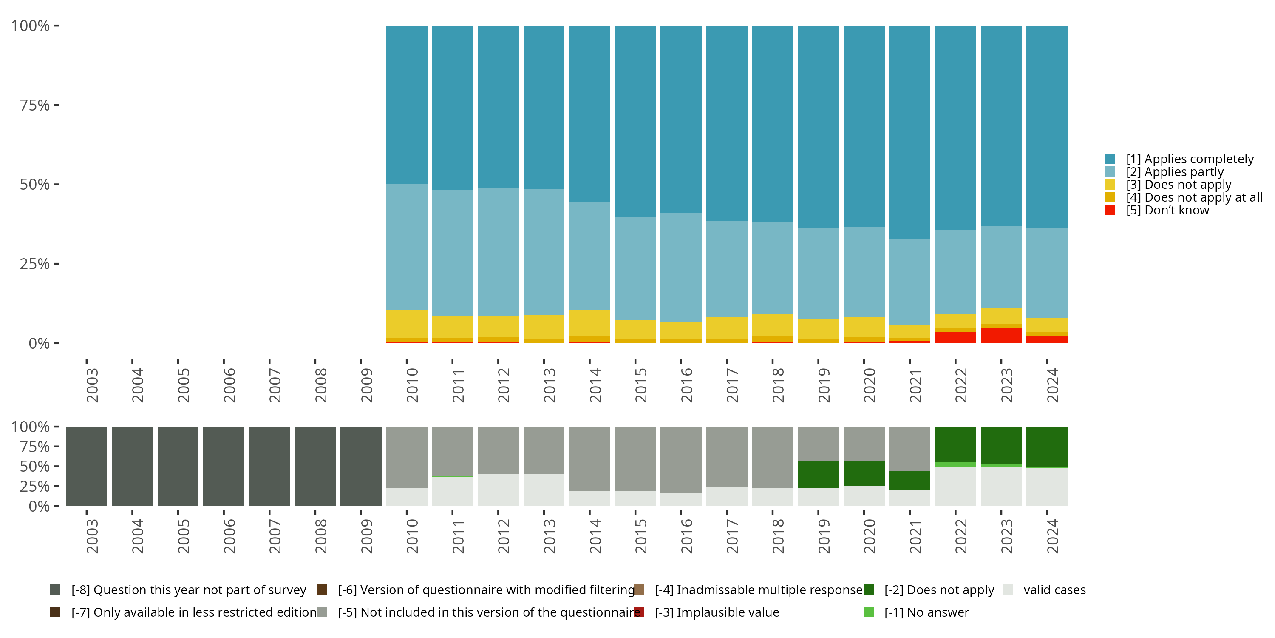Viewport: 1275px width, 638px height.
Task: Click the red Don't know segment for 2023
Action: (x=1001, y=335)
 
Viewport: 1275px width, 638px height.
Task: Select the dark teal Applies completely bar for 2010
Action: (x=406, y=105)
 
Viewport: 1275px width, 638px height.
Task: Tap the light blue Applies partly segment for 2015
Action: (x=635, y=268)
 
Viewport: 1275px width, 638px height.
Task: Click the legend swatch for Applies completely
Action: (x=1110, y=159)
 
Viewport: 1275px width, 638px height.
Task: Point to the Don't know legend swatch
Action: (x=1110, y=210)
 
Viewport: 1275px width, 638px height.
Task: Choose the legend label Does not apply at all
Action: (x=1194, y=197)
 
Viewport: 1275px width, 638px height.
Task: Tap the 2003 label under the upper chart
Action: (x=92, y=385)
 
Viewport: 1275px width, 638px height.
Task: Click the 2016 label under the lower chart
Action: (x=686, y=536)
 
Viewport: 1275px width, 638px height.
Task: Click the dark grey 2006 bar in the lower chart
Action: (x=224, y=466)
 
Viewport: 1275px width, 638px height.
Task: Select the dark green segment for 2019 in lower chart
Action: (x=818, y=474)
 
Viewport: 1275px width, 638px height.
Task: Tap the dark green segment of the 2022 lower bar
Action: (x=955, y=444)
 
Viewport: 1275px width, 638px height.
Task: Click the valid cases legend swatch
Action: (x=1007, y=590)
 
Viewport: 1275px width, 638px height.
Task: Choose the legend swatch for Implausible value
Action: (x=639, y=612)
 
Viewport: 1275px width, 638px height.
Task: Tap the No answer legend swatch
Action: (x=869, y=612)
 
